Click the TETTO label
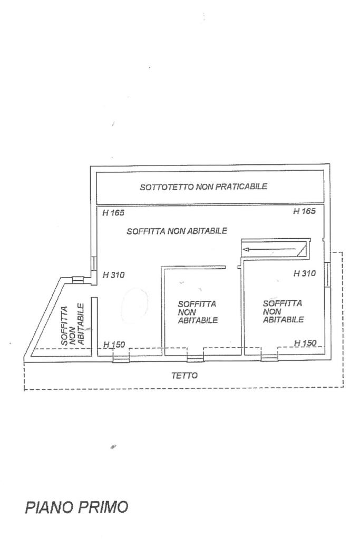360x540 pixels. tap(184, 376)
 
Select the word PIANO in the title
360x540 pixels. tap(48, 507)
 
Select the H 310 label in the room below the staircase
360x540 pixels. tap(304, 274)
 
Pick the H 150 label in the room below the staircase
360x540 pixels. tap(305, 343)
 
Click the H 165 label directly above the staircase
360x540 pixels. tap(304, 212)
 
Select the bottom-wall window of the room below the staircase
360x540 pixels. tap(269, 358)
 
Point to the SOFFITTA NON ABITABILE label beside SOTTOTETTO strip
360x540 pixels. tap(177, 231)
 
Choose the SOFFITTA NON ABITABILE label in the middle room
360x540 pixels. tap(198, 312)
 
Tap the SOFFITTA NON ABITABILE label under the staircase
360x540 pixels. tap(283, 311)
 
